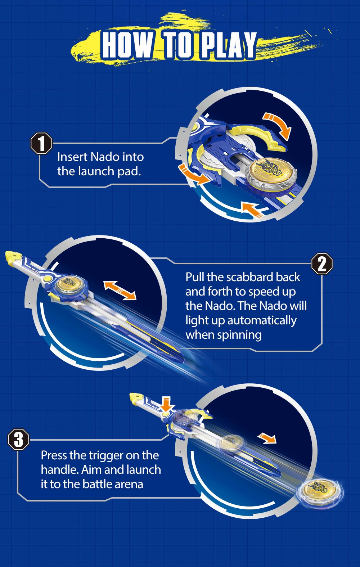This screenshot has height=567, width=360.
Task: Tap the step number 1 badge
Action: pos(41,143)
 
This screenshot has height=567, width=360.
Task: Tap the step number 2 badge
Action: pos(322,264)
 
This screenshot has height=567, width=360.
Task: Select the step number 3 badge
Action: pos(18,439)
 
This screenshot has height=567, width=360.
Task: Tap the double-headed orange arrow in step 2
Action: pos(120,290)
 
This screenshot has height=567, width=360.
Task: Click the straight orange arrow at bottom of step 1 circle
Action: pos(252,210)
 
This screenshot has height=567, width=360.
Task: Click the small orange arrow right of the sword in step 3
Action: pos(267,439)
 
